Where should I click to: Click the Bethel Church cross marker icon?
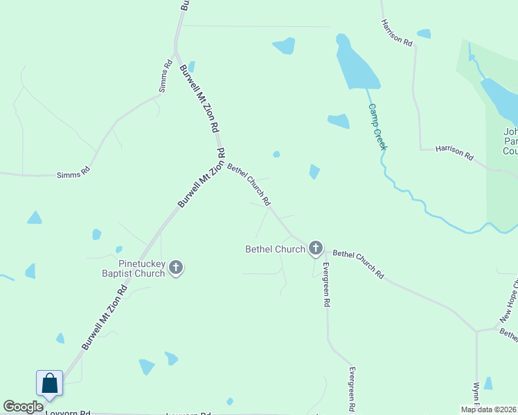point(316,248)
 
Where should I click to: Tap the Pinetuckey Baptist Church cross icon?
point(176,267)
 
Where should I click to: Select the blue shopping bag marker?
point(50,383)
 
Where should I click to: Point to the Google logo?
point(23,407)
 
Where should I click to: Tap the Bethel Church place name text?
point(275,249)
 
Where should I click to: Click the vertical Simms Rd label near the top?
point(165,77)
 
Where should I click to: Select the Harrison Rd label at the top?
point(396,32)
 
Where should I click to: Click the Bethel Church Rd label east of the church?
point(358,264)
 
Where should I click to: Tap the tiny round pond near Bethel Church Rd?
point(276,154)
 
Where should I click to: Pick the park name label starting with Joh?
point(510,141)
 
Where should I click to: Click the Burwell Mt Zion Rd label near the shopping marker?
point(104,317)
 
